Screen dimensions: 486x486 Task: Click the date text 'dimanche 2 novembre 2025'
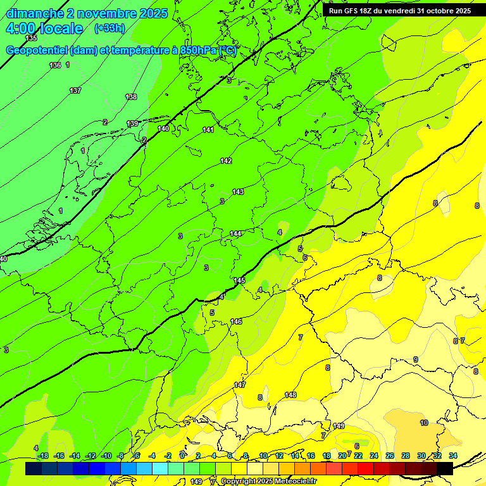pos(87,13)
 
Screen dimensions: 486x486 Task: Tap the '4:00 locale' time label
pos(44,28)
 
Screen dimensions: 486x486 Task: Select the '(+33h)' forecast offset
pos(109,28)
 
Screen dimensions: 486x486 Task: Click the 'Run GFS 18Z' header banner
pos(399,11)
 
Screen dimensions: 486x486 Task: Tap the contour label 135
pos(31,39)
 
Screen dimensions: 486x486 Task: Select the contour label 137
pos(75,90)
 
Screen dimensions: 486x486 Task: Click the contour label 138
pos(131,97)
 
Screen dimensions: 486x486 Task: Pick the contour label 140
pos(163,128)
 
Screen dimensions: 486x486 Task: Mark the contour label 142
pos(226,161)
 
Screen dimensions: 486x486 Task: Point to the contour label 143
pos(238,192)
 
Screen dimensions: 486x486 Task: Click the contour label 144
pos(235,234)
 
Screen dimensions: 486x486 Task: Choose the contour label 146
pos(236,321)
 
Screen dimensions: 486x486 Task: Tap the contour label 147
pos(240,385)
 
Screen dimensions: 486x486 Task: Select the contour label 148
pos(290,395)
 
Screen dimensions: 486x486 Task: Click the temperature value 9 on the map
pos(415,359)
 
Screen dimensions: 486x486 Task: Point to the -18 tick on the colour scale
pos(43,456)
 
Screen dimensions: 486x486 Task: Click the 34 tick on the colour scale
pos(453,456)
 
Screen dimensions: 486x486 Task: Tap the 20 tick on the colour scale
pos(342,456)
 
